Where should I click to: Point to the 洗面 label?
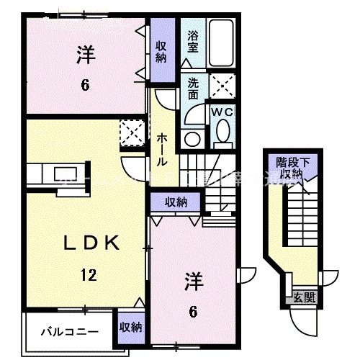192,88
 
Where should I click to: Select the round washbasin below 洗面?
192,138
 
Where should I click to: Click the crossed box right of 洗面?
224,88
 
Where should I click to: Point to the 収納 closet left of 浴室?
162,53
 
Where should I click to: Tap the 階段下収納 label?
292,168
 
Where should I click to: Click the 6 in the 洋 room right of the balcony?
193,310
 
